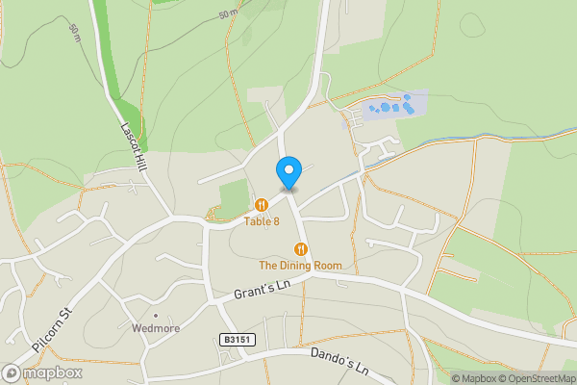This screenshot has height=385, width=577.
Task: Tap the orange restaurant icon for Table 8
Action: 262,204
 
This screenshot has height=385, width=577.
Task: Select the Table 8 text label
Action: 262,221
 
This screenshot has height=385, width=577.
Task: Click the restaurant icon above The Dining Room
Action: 300,248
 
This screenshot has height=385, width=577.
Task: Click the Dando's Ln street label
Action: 339,362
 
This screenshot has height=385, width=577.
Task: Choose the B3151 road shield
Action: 236,339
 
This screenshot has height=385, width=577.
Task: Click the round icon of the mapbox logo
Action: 13,372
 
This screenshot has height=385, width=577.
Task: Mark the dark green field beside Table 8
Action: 234,195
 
